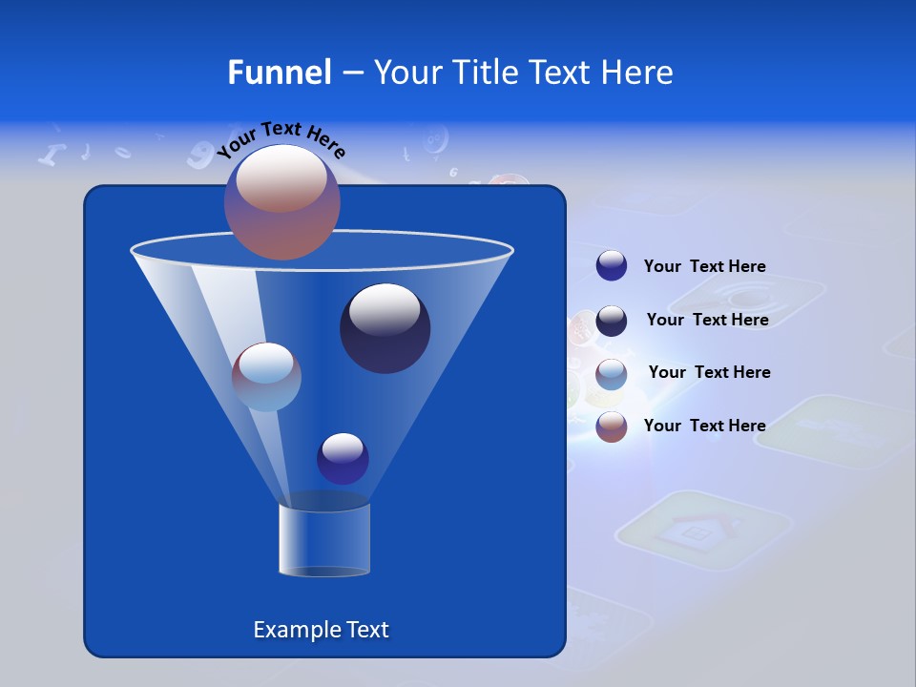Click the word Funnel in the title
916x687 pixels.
pos(279,73)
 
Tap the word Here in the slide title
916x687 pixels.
pos(636,73)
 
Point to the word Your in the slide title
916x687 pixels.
pos(406,73)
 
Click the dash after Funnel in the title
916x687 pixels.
pos(351,73)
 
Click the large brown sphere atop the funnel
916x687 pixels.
pos(282,201)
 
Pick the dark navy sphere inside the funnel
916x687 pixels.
pos(385,328)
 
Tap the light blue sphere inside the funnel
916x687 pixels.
pos(266,377)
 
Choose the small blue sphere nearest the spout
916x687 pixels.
pos(343,458)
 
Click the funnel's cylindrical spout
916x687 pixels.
pos(324,539)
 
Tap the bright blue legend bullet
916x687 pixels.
pos(612,266)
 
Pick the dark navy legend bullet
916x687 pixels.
pos(612,321)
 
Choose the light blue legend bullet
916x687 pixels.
pos(612,374)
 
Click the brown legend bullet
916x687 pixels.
pos(612,427)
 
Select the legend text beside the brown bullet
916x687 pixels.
pos(704,426)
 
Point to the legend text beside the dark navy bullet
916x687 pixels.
pos(707,320)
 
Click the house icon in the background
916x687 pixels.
pos(704,532)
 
